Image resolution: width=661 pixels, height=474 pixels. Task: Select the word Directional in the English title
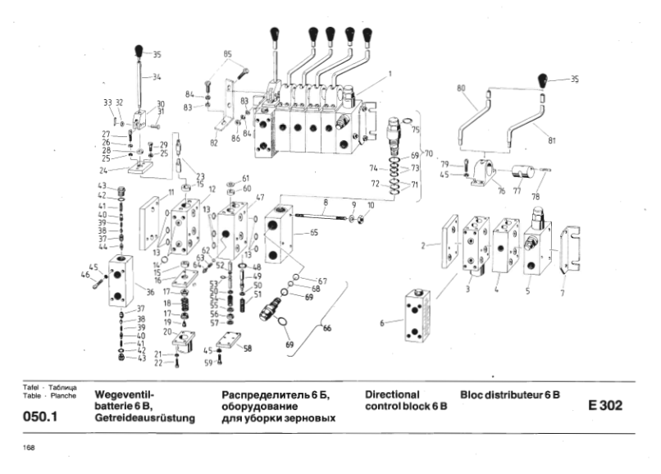coord(391,394)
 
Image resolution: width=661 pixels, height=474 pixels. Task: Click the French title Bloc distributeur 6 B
coord(509,394)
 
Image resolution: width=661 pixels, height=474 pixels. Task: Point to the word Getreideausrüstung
coord(145,418)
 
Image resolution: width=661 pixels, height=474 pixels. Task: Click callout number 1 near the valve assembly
coord(390,74)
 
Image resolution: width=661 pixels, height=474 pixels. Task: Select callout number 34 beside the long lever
coord(157,78)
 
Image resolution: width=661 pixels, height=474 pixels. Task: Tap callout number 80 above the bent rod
coord(460,88)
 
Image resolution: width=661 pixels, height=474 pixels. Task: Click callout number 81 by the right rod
coord(552,140)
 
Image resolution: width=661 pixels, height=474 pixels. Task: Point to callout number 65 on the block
coord(312,233)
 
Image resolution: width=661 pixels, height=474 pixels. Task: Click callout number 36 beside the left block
coord(150,291)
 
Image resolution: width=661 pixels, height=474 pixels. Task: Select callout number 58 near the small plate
coord(248,348)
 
